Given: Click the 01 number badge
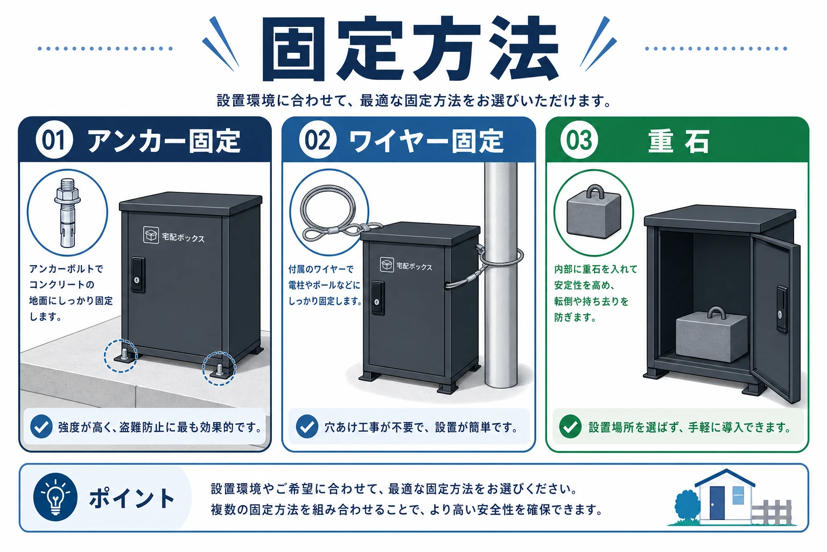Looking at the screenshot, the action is [x=54, y=140].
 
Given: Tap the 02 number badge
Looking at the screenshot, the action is [x=318, y=140].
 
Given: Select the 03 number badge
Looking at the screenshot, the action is [x=579, y=140].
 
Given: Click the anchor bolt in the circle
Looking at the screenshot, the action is [x=67, y=212].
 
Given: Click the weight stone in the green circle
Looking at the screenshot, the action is [x=594, y=211].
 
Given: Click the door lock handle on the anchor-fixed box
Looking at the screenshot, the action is [x=138, y=275].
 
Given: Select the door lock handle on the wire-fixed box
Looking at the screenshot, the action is [x=377, y=298].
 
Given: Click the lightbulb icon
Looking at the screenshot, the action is [x=55, y=497].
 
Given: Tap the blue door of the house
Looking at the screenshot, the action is [x=717, y=503].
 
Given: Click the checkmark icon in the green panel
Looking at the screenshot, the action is [x=570, y=426].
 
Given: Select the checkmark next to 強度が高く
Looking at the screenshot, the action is [x=41, y=426].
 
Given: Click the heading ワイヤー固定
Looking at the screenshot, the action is [x=426, y=141].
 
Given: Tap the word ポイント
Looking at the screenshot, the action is [x=132, y=498].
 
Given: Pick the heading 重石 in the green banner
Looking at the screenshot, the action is [x=678, y=141].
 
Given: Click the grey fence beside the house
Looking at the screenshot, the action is [x=772, y=512].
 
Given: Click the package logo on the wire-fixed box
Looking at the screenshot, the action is [x=387, y=264].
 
